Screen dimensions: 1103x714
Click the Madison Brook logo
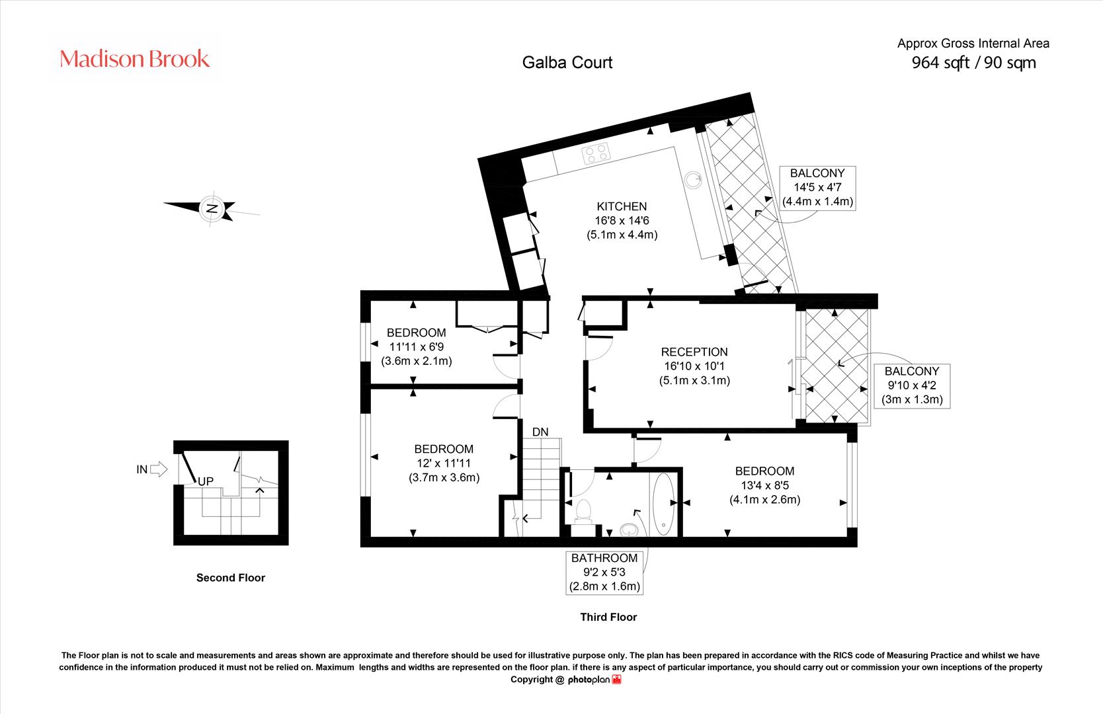click(x=134, y=59)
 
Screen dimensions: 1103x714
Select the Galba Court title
click(x=567, y=63)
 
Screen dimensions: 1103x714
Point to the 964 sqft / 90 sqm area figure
click(x=973, y=63)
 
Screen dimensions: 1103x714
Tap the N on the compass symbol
click(x=212, y=208)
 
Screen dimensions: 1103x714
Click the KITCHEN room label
click(x=622, y=206)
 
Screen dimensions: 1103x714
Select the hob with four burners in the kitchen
click(x=596, y=153)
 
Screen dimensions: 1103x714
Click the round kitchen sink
click(x=693, y=180)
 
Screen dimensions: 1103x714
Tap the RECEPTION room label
click(x=694, y=352)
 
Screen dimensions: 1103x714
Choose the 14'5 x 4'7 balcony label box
click(x=817, y=188)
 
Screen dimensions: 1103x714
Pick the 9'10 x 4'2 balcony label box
click(x=912, y=386)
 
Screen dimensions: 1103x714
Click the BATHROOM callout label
click(x=604, y=572)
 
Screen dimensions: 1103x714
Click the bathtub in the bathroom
click(x=663, y=504)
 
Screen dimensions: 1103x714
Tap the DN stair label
click(x=540, y=432)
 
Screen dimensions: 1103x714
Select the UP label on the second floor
click(x=206, y=481)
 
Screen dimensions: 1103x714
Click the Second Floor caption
click(x=230, y=578)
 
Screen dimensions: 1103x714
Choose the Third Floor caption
click(x=608, y=617)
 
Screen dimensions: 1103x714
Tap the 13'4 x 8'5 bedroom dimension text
click(x=764, y=485)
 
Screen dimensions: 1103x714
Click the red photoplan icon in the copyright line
click(x=616, y=680)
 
